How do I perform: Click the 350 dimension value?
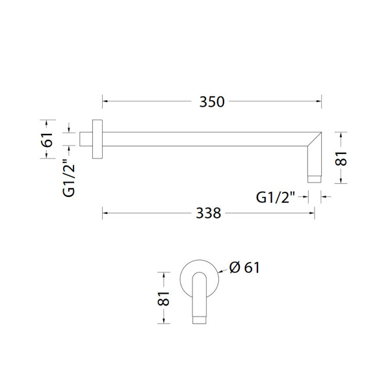(212, 102)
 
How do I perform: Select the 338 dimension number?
(209, 213)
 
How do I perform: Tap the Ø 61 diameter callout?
(244, 268)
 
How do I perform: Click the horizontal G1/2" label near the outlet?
(276, 197)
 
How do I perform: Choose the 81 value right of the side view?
(341, 159)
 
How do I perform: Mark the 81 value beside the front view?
(163, 298)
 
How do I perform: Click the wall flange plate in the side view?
(97, 139)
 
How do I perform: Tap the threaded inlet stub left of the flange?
(86, 139)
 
